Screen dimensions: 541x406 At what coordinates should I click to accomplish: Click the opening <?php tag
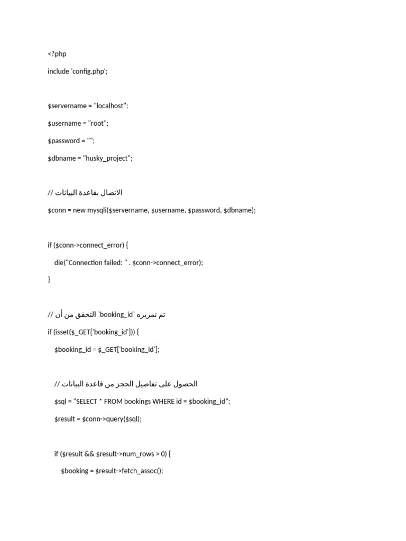pyautogui.click(x=57, y=54)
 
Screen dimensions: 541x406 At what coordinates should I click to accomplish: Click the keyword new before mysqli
pyautogui.click(x=79, y=210)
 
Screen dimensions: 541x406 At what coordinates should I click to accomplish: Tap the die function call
pyautogui.click(x=59, y=263)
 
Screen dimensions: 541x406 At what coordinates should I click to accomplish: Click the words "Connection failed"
pyautogui.click(x=94, y=263)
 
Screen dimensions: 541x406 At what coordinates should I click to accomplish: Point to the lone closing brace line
pyautogui.click(x=49, y=279)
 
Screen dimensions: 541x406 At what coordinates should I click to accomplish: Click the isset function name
pyautogui.click(x=63, y=332)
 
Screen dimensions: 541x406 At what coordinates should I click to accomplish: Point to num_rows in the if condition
pyautogui.click(x=137, y=454)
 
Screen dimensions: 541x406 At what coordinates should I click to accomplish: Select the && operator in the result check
pyautogui.click(x=89, y=454)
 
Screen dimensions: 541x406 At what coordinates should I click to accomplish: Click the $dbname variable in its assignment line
pyautogui.click(x=60, y=158)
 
